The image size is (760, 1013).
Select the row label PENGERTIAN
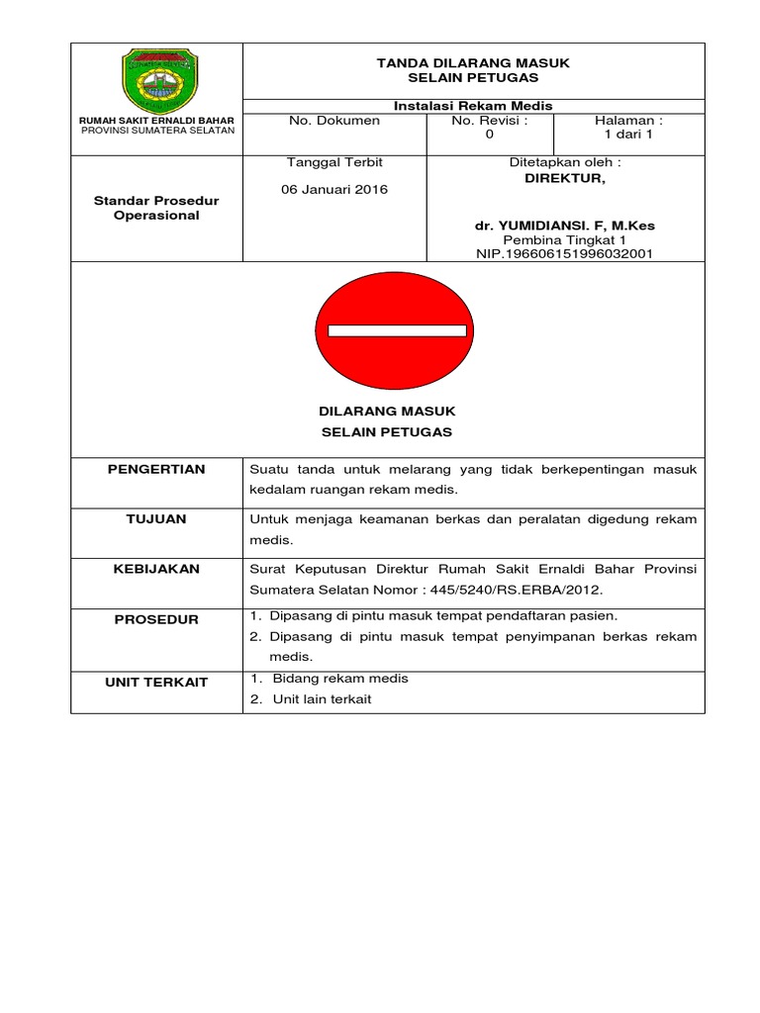click(156, 469)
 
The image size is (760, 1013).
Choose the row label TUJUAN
click(156, 519)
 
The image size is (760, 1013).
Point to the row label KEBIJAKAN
click(156, 569)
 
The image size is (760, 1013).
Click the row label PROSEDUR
click(156, 619)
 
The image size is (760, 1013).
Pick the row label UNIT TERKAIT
click(156, 683)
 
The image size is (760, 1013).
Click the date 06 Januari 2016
click(335, 189)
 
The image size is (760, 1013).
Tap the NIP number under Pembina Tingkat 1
click(565, 253)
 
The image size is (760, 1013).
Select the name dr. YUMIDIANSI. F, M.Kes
click(565, 226)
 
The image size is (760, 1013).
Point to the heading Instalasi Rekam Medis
click(473, 106)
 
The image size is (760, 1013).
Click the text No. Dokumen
click(333, 121)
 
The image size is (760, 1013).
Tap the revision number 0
click(489, 136)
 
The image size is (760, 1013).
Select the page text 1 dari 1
click(629, 136)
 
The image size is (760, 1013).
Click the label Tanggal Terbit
click(333, 161)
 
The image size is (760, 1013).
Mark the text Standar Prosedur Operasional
click(156, 208)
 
